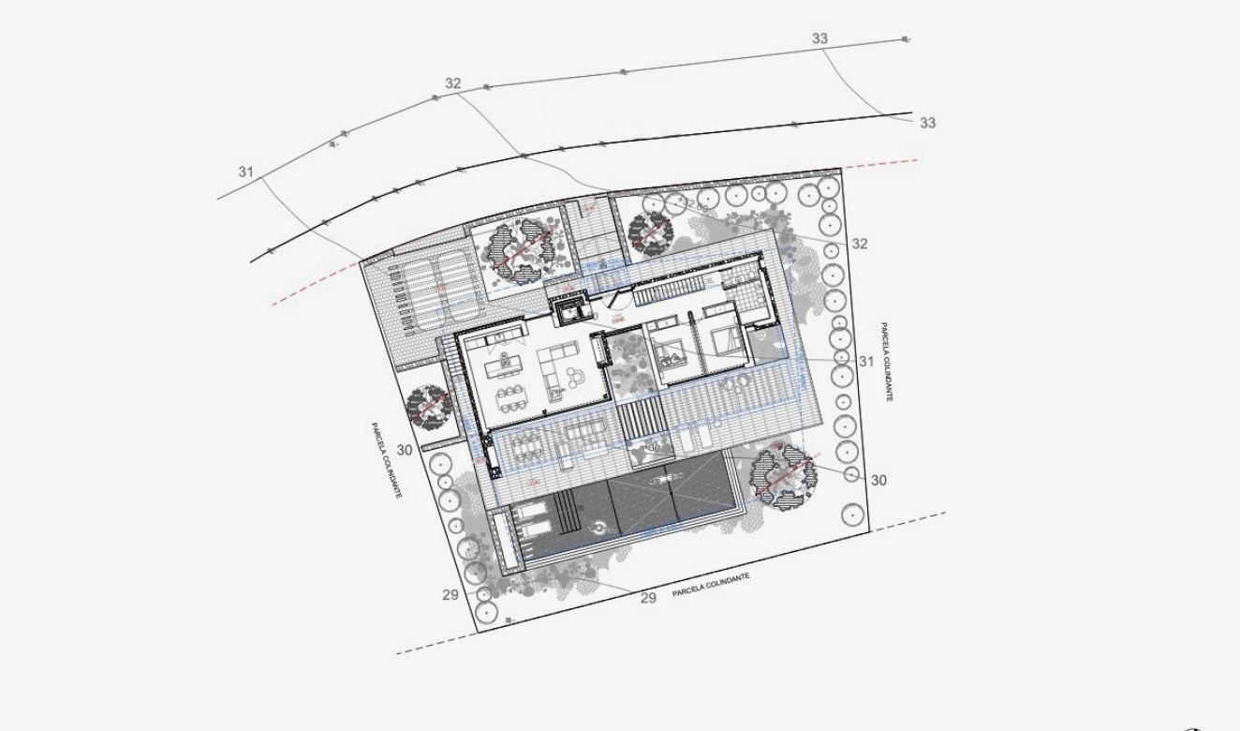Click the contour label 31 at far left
(245, 172)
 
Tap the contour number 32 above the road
(453, 83)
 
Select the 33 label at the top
(820, 38)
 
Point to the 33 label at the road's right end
(927, 123)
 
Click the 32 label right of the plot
(861, 244)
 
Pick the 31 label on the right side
(865, 361)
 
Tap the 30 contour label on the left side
(405, 450)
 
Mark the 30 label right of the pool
(878, 480)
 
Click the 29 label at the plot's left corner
(450, 594)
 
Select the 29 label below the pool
(648, 597)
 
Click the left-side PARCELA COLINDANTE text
(386, 459)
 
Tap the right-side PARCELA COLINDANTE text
(886, 363)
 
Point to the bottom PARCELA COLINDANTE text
(711, 585)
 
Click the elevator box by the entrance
(568, 309)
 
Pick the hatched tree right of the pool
(780, 475)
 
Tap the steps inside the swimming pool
(566, 515)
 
